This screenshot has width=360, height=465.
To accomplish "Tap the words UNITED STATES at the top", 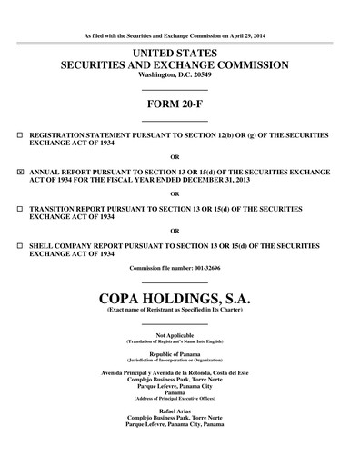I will click(175, 53).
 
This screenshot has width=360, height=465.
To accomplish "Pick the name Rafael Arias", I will click(175, 411).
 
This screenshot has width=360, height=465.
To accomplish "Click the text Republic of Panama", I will click(175, 353).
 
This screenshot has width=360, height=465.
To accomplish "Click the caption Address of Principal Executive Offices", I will click(175, 399).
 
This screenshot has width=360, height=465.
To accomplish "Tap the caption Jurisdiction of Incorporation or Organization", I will click(175, 360).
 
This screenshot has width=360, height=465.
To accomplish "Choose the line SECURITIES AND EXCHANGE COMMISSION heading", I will click(175, 65).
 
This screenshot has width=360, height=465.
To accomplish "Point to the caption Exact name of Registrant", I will click(175, 311).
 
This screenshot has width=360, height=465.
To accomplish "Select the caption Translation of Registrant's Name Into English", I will click(175, 341).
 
